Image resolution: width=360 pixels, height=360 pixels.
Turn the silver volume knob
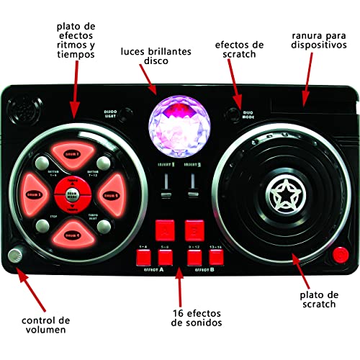pos(14,256)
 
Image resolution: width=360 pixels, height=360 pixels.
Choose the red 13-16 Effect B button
pos(215,255)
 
